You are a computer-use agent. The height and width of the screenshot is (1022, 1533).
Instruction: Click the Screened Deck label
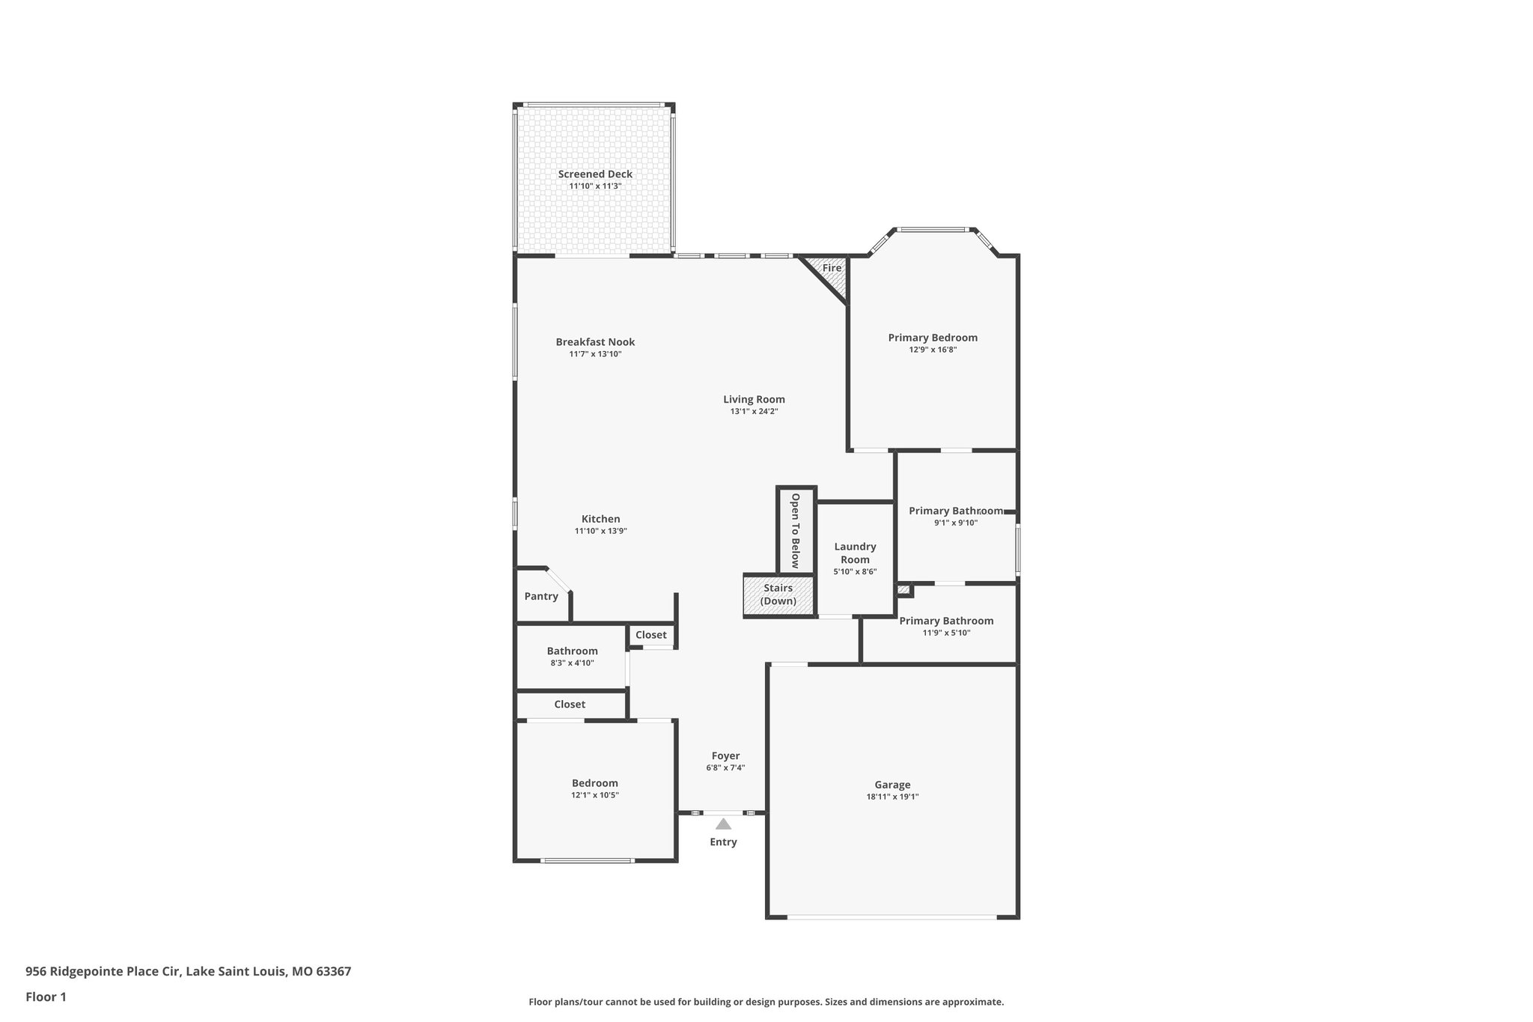(595, 174)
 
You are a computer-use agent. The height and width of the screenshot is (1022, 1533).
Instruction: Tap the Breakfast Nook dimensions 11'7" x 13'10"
(595, 354)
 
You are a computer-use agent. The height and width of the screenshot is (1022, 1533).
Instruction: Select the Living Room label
(754, 400)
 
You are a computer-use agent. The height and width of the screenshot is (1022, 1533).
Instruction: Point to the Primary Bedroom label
(933, 338)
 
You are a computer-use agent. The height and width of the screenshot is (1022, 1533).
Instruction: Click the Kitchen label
(600, 519)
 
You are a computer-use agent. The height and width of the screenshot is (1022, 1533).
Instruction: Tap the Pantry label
(541, 597)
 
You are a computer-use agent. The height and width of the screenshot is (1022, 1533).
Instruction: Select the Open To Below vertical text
(795, 530)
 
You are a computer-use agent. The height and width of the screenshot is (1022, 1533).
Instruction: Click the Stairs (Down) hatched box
(778, 595)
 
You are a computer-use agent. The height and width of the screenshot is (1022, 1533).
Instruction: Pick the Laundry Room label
(855, 553)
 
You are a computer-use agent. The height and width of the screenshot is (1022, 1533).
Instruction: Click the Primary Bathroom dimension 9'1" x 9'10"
(956, 523)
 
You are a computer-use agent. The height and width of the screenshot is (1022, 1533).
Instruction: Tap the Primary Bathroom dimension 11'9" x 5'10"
(946, 633)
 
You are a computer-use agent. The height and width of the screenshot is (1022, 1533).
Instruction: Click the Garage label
(892, 785)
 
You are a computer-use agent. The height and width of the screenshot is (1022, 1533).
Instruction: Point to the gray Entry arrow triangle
(723, 824)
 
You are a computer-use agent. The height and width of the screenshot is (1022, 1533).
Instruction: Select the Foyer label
(725, 756)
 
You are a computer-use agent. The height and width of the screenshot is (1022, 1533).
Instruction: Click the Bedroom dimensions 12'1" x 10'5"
(595, 795)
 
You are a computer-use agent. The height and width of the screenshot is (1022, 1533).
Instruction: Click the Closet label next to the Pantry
(650, 635)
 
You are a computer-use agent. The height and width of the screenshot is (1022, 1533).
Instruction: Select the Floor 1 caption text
(46, 997)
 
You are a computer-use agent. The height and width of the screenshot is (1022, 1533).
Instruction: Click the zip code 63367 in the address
(333, 972)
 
